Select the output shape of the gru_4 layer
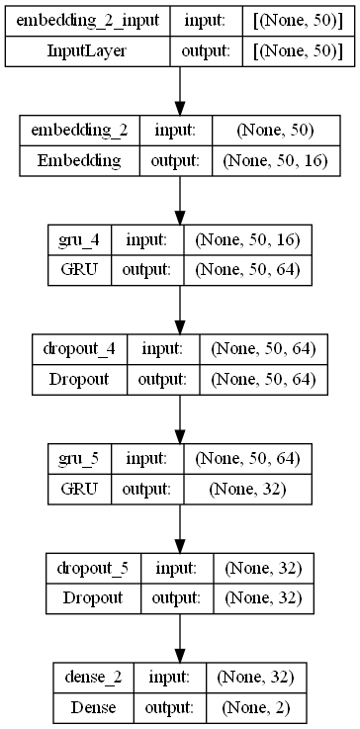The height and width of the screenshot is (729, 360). [x=255, y=269]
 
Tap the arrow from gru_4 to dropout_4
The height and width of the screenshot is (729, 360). [x=180, y=311]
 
